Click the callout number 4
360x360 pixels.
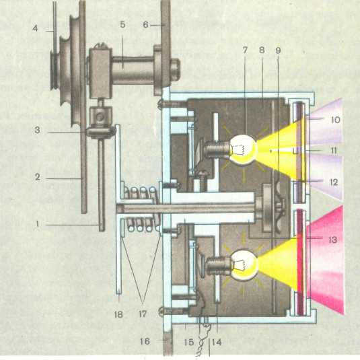(35, 28)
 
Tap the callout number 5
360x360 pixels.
(122, 25)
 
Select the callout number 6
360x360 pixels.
(145, 25)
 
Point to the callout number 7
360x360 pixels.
(245, 50)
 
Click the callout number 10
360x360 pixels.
(335, 120)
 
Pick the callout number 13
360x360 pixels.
(332, 240)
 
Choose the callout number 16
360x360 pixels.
(145, 341)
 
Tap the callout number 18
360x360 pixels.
(118, 314)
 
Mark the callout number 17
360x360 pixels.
(143, 314)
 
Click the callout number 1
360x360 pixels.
(38, 224)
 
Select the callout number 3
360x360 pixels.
(37, 130)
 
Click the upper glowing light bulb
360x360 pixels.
(244, 149)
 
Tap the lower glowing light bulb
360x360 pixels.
(245, 265)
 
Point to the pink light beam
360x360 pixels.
(325, 260)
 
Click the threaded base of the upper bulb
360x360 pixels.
(217, 149)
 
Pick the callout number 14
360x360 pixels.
(217, 343)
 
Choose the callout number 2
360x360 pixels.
(38, 177)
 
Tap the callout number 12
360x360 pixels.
(334, 182)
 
